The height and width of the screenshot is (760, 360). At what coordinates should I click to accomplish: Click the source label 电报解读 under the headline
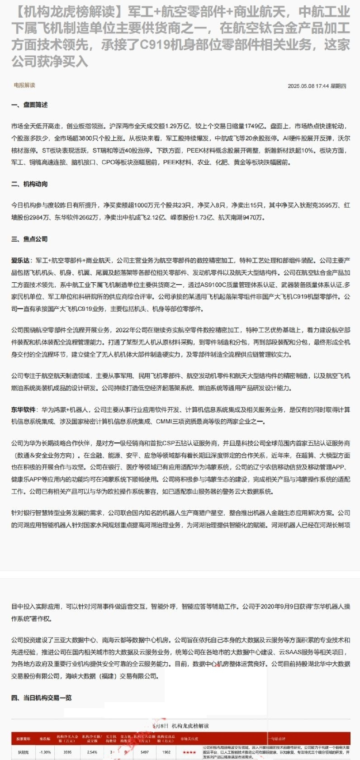click(x=24, y=85)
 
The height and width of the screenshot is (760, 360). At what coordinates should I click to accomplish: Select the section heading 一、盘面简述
click(x=29, y=105)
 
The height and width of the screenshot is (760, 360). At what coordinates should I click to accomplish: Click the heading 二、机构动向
click(x=29, y=184)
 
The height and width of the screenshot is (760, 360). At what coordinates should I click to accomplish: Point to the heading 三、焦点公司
click(x=29, y=239)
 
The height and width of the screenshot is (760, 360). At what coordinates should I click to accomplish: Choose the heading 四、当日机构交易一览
click(x=42, y=698)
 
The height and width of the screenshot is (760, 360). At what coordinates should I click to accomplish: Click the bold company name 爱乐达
click(x=21, y=261)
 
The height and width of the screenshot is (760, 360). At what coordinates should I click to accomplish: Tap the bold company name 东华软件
click(x=24, y=409)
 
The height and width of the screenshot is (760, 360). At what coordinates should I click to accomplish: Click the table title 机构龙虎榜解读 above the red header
click(x=190, y=726)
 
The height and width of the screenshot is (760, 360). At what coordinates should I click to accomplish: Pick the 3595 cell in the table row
click(x=67, y=752)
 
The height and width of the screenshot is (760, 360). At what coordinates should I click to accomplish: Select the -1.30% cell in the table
click(x=45, y=752)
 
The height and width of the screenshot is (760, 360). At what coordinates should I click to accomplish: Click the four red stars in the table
click(x=189, y=752)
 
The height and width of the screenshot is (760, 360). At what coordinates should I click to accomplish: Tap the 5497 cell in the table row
click(x=144, y=752)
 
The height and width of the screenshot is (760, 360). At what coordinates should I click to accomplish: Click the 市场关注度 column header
click(x=189, y=739)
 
